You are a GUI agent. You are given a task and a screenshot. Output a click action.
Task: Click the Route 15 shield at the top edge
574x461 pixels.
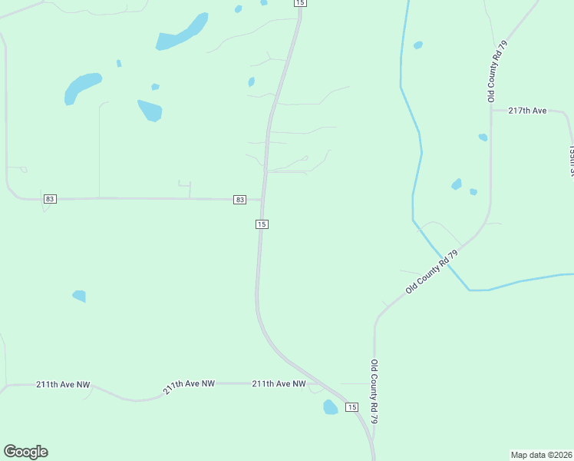299,3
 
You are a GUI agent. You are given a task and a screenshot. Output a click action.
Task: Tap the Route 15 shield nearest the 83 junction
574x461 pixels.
262,224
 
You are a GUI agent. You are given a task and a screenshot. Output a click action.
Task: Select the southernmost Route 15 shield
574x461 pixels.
351,406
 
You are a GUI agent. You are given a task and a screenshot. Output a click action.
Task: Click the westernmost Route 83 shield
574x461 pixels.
50,199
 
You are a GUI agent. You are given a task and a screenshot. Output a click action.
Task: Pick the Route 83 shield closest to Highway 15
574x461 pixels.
240,200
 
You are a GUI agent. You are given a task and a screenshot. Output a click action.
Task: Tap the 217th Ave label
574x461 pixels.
528,111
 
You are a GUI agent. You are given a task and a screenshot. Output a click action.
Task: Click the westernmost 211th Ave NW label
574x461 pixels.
63,384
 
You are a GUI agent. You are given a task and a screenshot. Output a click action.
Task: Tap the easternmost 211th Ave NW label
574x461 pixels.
279,383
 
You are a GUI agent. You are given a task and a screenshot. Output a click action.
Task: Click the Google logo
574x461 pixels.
25,452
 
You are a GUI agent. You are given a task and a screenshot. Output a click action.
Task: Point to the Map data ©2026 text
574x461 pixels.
541,454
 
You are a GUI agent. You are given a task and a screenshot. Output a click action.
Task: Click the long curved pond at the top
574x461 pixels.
183,33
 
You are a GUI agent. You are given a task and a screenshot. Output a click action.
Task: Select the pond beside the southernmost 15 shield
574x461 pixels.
330,407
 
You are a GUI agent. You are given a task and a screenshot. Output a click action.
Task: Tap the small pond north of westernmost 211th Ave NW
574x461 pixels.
79,295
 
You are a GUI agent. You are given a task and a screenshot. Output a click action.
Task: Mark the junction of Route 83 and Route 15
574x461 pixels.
262,200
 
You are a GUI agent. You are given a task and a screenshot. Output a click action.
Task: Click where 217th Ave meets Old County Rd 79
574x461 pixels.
491,110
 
